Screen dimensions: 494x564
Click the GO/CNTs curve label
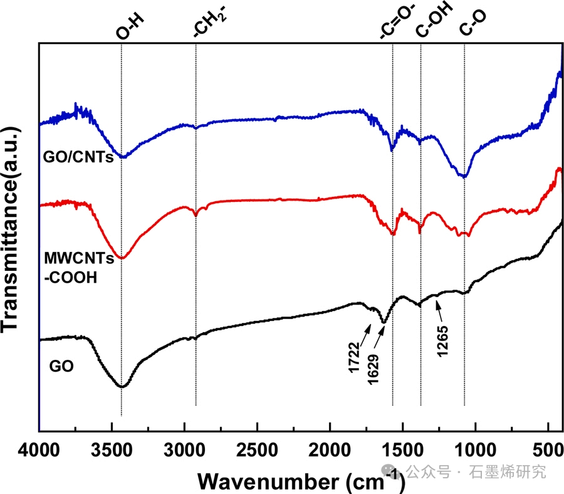tap(78, 157)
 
